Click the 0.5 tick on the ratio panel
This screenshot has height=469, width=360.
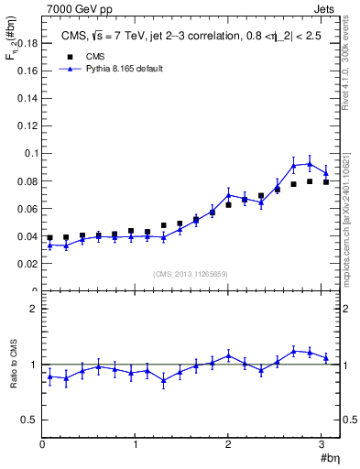30,420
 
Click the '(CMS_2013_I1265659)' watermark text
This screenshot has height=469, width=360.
191,275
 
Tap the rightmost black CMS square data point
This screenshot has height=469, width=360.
326,182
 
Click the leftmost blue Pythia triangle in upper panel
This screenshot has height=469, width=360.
50,245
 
